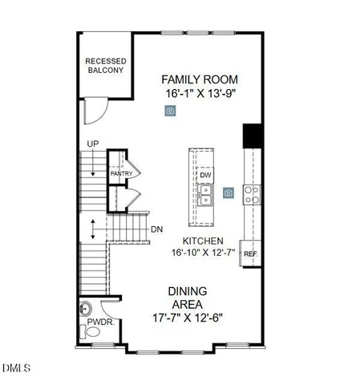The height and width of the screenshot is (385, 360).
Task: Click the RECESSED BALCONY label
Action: [x=105, y=66]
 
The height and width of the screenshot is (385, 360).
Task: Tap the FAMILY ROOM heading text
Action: [x=200, y=79]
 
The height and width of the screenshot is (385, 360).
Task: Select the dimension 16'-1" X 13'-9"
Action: [x=200, y=93]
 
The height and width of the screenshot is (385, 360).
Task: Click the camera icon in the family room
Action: [x=170, y=111]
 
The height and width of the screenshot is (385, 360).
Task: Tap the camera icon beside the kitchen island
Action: [x=229, y=192]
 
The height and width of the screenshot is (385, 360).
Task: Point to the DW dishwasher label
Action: [x=205, y=175]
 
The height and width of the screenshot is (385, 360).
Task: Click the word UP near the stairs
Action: [x=93, y=145]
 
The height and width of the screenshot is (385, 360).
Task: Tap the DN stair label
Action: [x=156, y=229]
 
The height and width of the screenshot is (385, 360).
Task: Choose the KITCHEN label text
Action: [x=202, y=241]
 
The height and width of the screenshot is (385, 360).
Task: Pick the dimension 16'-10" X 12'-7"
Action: [x=202, y=253]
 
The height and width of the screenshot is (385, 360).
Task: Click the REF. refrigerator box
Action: [x=250, y=254]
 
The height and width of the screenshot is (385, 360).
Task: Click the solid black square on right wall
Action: [x=251, y=135]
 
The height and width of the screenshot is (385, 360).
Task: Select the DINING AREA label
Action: [x=187, y=298]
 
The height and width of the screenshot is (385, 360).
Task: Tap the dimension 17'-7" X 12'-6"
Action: [x=187, y=316]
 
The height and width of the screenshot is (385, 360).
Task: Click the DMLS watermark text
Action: [x=15, y=368]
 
